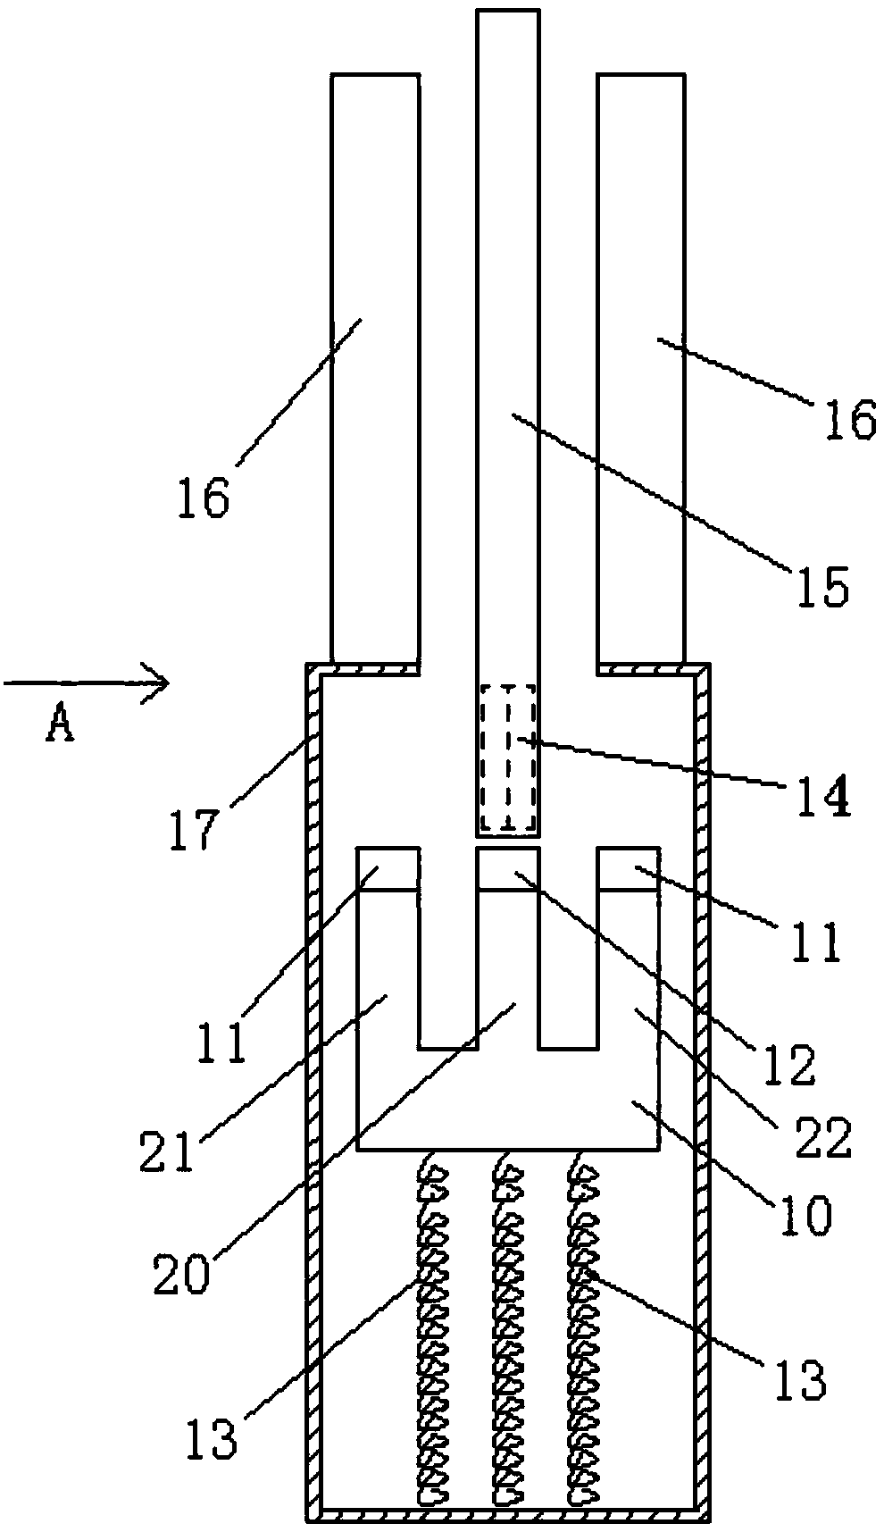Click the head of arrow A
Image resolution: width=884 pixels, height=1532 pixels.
coord(159,685)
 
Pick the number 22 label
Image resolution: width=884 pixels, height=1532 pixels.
coord(827,1137)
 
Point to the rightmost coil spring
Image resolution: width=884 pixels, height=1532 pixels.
coord(582,1331)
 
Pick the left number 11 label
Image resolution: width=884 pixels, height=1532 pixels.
coord(221,1041)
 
